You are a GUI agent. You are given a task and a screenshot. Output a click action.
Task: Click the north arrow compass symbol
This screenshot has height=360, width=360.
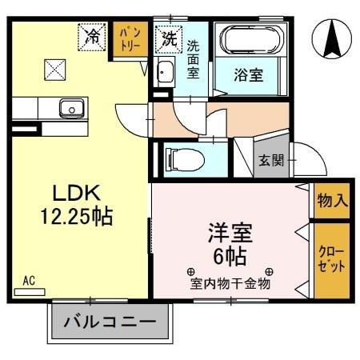(x=334, y=38)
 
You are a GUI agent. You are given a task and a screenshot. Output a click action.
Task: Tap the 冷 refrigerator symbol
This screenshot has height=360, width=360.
(x=93, y=36)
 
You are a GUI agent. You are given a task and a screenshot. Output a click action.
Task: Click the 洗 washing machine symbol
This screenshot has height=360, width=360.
(x=170, y=36)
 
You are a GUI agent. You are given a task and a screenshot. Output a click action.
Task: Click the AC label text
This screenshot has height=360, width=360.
(x=29, y=281)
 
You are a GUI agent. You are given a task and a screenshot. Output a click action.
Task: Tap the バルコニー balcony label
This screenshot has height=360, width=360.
(x=112, y=324)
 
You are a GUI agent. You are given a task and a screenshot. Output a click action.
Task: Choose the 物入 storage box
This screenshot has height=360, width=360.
(x=331, y=200)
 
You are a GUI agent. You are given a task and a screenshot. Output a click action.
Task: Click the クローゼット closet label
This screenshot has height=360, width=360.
(x=331, y=261)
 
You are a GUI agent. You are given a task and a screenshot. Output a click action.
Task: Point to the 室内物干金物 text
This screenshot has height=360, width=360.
(x=230, y=283)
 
